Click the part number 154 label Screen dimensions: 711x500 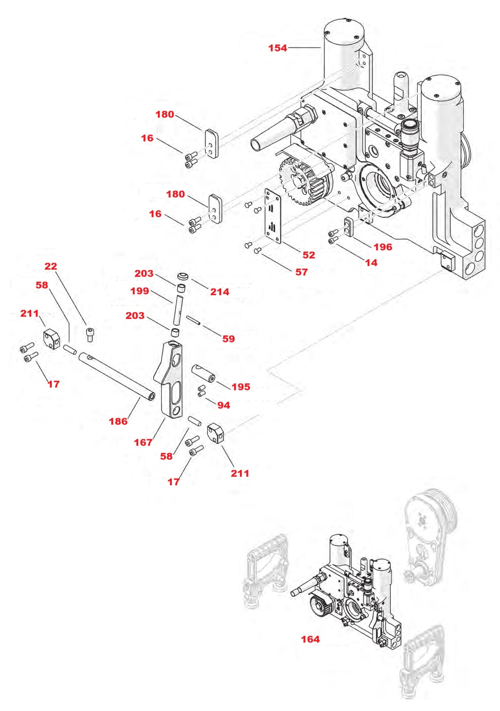pyautogui.click(x=277, y=48)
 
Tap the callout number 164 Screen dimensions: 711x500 pyautogui.click(x=310, y=639)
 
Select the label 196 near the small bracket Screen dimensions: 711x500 pyautogui.click(x=383, y=247)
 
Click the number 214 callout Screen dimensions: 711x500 pyautogui.click(x=220, y=292)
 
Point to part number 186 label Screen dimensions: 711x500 pyautogui.click(x=118, y=421)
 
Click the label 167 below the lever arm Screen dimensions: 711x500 pyautogui.click(x=143, y=442)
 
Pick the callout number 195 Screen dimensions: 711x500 pyautogui.click(x=241, y=387)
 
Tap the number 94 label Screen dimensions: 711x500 pyautogui.click(x=224, y=405)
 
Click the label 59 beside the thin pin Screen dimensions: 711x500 pyautogui.click(x=228, y=339)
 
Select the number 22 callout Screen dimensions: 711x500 pyautogui.click(x=51, y=266)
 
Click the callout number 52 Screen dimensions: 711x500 pyautogui.click(x=309, y=255)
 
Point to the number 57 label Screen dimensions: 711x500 pyautogui.click(x=301, y=272)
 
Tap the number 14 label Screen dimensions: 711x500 pyautogui.click(x=371, y=263)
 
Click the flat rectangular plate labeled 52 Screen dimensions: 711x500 pyautogui.click(x=272, y=216)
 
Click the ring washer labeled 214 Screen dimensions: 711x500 pyautogui.click(x=182, y=276)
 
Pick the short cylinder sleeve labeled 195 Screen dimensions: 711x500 pyautogui.click(x=204, y=373)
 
